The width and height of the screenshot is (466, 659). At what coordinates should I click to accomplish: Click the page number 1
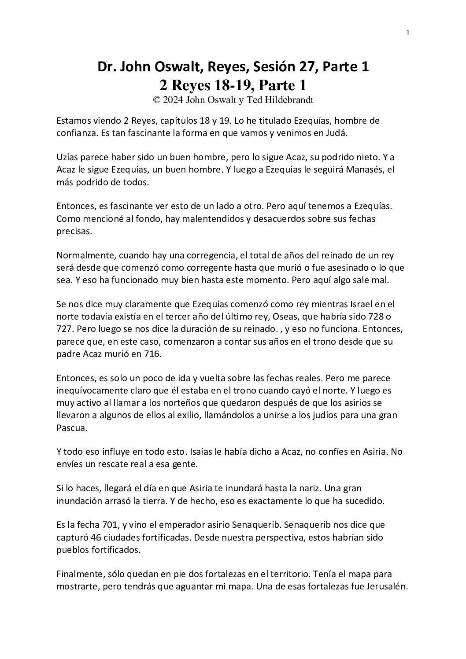point(408,33)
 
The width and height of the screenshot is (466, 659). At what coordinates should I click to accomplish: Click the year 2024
point(173,100)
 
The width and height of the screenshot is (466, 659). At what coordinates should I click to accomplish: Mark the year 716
point(153,353)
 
